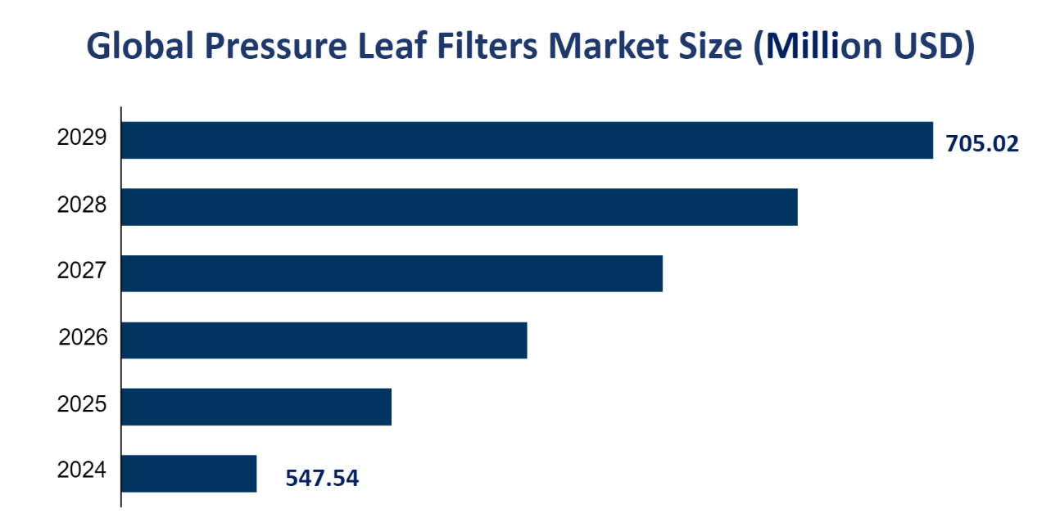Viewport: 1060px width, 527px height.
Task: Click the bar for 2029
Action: [527, 140]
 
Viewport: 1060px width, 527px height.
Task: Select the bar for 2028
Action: [459, 207]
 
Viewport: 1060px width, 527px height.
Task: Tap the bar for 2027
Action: [392, 273]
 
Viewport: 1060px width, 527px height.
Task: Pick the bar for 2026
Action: [324, 340]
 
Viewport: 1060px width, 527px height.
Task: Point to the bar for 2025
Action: [256, 407]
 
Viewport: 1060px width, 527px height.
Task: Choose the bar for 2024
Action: [189, 474]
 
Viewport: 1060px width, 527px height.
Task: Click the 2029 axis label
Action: [82, 137]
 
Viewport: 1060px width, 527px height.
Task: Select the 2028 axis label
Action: [82, 205]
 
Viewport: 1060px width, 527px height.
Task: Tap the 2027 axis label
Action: [82, 271]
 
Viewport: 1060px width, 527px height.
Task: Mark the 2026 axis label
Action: [83, 337]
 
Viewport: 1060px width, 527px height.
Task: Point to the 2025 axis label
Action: [82, 403]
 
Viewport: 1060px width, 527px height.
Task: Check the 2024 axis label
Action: [82, 471]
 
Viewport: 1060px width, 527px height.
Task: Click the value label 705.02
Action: [982, 145]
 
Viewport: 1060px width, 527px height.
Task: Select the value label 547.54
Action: [322, 478]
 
